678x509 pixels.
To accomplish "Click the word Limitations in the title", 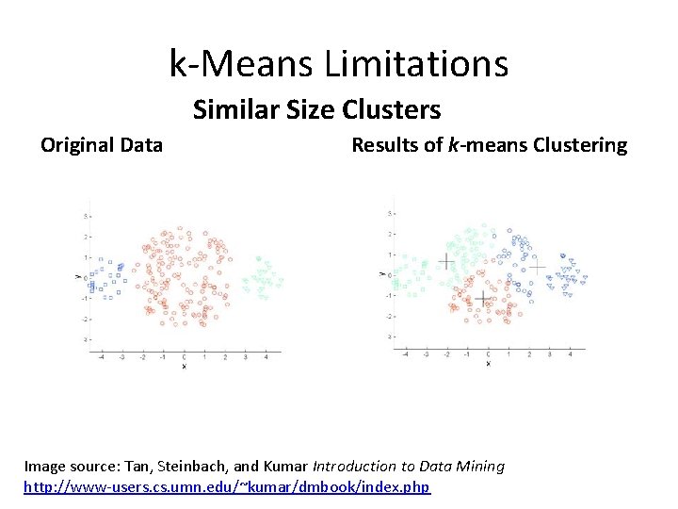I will [416, 64].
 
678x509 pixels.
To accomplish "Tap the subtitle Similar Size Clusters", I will [316, 110].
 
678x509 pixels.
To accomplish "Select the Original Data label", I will [102, 145].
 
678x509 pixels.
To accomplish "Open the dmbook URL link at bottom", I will [227, 486].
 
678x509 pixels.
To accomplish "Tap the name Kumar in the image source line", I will [284, 466].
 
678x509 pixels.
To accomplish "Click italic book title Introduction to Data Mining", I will [409, 466].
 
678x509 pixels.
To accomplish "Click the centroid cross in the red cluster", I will [482, 299].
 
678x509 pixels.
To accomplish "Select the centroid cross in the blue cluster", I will [537, 268].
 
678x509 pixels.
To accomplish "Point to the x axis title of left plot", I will [184, 366].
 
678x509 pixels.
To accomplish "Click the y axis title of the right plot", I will [382, 274].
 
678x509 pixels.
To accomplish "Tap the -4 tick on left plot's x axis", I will [102, 357].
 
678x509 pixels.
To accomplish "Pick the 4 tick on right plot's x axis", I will [570, 354].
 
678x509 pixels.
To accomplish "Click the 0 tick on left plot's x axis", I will [184, 357].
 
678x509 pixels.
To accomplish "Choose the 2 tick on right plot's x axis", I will [529, 354].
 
